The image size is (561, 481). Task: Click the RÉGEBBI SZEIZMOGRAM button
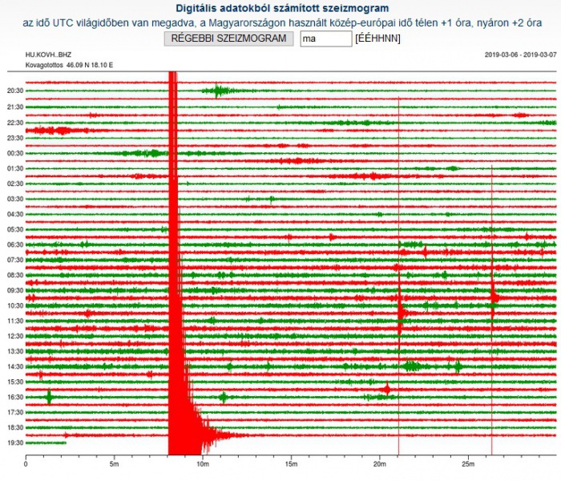[228, 38]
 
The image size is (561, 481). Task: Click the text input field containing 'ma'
[325, 38]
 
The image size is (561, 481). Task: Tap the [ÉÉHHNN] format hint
[377, 38]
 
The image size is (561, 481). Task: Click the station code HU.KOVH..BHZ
[49, 55]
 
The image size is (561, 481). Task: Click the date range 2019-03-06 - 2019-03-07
[520, 55]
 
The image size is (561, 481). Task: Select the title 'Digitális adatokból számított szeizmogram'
[280, 8]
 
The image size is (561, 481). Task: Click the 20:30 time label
[14, 91]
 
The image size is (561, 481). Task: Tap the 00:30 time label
[14, 153]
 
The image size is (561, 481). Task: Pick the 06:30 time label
[14, 245]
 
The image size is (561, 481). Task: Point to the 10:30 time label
[14, 305]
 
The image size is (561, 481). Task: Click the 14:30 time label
[14, 366]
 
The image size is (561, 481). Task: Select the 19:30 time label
[14, 443]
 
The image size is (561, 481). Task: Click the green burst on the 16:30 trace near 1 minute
[50, 396]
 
